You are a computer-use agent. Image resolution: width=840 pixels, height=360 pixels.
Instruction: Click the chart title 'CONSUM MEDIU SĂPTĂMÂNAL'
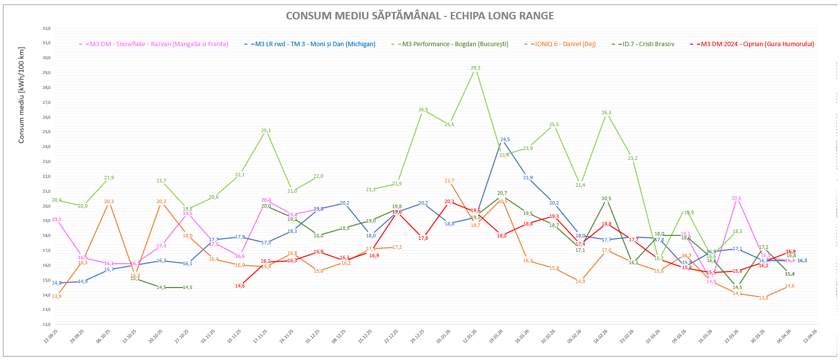coord(420,16)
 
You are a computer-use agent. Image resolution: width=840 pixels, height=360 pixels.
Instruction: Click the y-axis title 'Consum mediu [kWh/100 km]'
coord(21,95)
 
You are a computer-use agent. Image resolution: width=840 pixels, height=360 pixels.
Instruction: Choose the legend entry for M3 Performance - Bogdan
coord(455,44)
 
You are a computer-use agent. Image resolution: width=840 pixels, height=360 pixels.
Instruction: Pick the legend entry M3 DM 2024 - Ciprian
coord(757,44)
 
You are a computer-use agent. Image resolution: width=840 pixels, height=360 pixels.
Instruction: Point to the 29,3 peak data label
coord(475,68)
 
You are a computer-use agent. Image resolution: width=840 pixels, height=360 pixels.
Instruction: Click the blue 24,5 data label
coord(505,140)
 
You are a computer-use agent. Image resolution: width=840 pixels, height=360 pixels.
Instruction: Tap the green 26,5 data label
coord(423,110)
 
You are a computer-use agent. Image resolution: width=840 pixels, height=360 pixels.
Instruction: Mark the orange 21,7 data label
coord(449,181)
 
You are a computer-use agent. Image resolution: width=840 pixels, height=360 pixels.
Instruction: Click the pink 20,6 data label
coord(736,198)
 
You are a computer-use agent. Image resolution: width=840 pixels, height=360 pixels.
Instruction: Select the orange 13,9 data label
coord(57,296)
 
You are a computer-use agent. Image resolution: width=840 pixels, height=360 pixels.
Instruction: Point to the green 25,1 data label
coord(266,131)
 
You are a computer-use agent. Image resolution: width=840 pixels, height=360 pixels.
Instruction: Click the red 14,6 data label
coord(240,286)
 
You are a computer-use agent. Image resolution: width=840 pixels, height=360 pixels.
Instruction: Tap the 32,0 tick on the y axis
coord(46,29)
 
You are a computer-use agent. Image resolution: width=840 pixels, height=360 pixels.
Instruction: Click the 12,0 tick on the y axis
coord(46,324)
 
